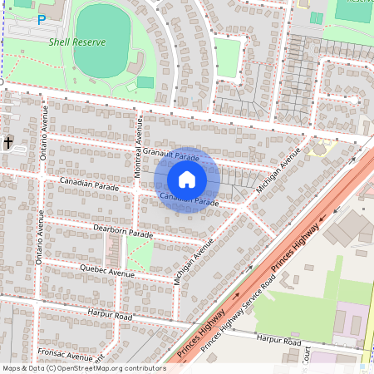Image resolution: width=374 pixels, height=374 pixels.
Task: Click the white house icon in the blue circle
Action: click(187, 180)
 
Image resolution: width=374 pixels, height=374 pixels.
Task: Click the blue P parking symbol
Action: click(41, 18)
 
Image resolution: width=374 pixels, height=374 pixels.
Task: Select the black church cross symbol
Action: click(9, 143)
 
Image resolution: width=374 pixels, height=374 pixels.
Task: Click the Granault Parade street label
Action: click(171, 155)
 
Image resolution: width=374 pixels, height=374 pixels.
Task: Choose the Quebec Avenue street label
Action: click(106, 271)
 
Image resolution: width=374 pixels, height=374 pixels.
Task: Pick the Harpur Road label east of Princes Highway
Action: click(278, 340)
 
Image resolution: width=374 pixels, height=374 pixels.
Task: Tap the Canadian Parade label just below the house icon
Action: click(189, 199)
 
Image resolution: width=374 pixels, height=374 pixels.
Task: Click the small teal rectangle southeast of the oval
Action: click(145, 81)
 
